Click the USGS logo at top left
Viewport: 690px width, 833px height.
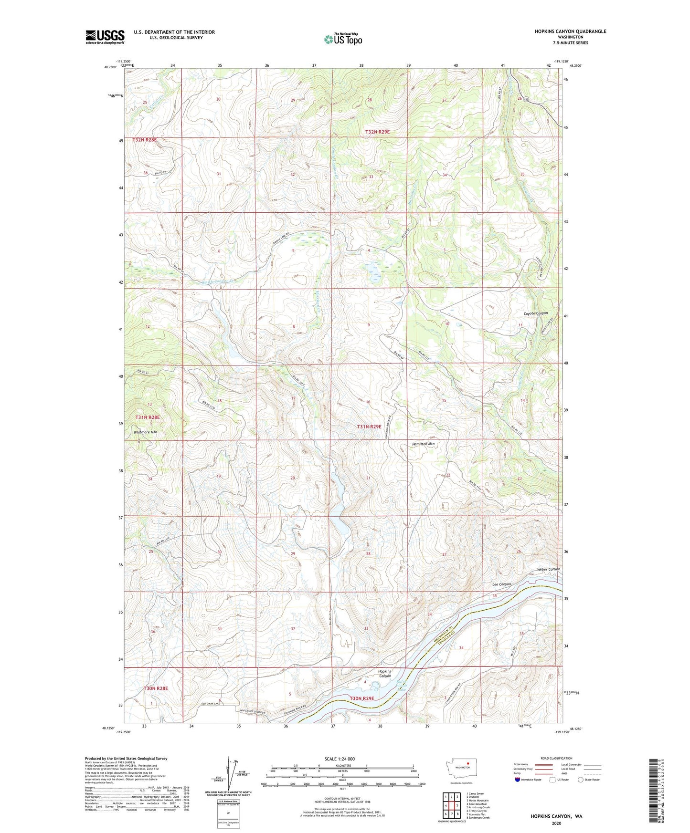click(105, 37)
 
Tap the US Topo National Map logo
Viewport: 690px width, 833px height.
click(343, 39)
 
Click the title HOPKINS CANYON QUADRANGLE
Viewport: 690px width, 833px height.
click(570, 31)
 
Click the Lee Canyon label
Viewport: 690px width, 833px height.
click(501, 584)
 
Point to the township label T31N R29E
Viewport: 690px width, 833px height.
click(369, 427)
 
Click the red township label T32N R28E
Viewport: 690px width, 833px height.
click(145, 140)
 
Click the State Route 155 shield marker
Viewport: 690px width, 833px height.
click(526, 99)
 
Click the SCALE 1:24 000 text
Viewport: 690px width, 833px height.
click(340, 759)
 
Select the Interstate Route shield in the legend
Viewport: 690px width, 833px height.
click(517, 780)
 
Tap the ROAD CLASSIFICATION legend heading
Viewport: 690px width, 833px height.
click(556, 758)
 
